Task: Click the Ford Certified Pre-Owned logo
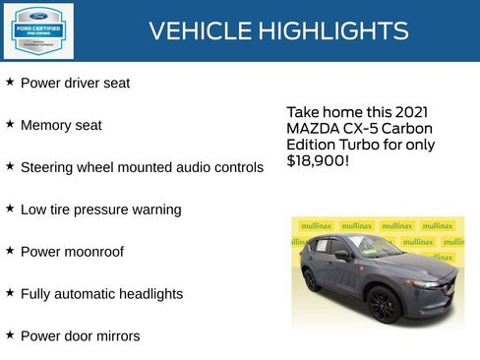coord(37,30)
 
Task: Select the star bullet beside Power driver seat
coord(10,82)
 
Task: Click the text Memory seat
coord(61,126)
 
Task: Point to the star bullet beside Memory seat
coord(10,124)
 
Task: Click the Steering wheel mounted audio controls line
coord(142,168)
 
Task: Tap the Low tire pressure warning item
coord(100,210)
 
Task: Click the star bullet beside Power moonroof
coord(10,250)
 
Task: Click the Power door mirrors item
coord(80,336)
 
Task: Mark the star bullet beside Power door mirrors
coord(10,334)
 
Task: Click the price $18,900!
coord(318,159)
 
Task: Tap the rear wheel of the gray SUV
coord(311,278)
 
